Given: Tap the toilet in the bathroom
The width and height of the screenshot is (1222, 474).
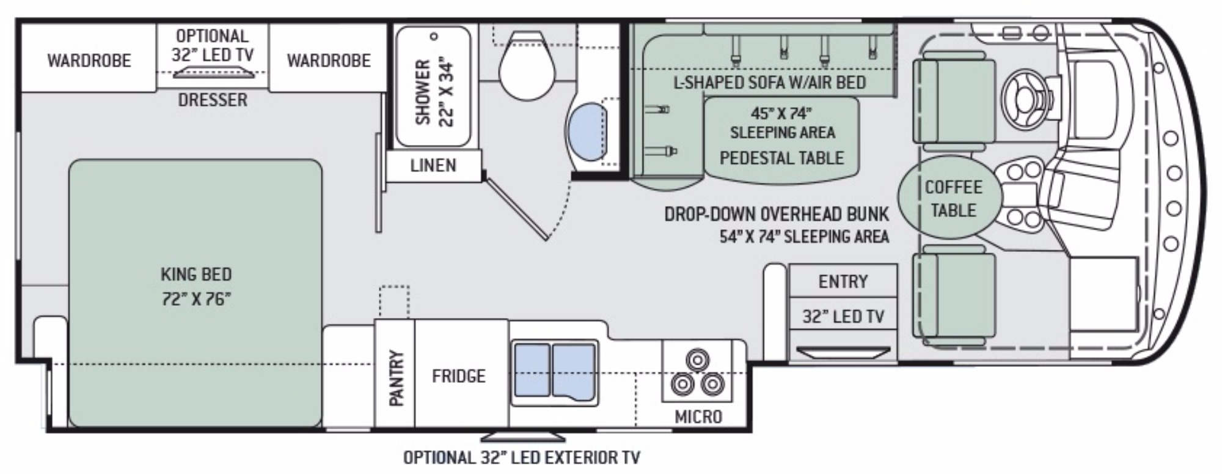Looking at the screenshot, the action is (527, 64).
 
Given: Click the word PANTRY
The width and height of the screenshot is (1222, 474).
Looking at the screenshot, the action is (396, 378).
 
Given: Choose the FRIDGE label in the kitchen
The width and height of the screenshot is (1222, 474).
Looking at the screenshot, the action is (458, 376).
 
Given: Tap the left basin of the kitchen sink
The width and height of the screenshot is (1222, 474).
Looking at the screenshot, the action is (532, 370).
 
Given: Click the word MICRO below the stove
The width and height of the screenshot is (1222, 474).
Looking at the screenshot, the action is (698, 417).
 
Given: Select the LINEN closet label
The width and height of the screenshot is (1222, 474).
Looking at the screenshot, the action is (433, 165).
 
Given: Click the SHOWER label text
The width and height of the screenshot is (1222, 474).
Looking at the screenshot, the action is (423, 92).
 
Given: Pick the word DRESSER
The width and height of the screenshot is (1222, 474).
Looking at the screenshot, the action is (213, 100).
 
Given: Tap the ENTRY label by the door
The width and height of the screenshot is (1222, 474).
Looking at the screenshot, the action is (843, 281).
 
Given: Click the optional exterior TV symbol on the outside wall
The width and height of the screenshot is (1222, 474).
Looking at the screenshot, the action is (523, 437).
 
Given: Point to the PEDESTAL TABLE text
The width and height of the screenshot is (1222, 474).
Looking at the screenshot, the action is (781, 158).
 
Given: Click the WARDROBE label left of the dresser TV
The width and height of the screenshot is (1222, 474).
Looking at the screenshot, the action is (89, 61).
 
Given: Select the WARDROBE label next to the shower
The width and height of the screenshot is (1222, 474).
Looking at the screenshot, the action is (329, 61).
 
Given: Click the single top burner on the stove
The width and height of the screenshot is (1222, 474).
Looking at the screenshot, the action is (697, 358).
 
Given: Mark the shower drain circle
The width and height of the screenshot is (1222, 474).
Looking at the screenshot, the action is (434, 37).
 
